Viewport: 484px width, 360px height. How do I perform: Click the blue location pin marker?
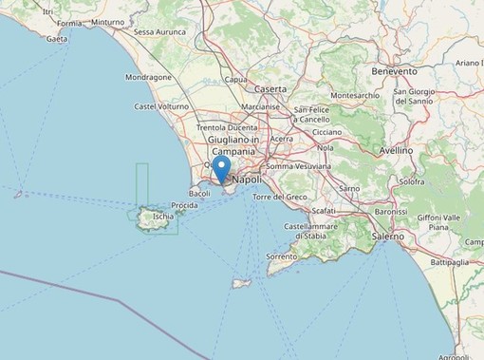pos(222,171)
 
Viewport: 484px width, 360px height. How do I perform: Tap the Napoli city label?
pos(246,179)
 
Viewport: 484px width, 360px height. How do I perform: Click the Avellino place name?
pos(394,150)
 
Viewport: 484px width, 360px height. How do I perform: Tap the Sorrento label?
pos(282,256)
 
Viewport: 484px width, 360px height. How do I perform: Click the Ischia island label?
pos(163,217)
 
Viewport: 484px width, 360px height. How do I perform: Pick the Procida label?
pos(184,205)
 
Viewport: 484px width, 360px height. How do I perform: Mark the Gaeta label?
pos(57,39)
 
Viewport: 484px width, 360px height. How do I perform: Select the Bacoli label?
pos(199,193)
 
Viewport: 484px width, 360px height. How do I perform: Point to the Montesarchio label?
pos(356,95)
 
